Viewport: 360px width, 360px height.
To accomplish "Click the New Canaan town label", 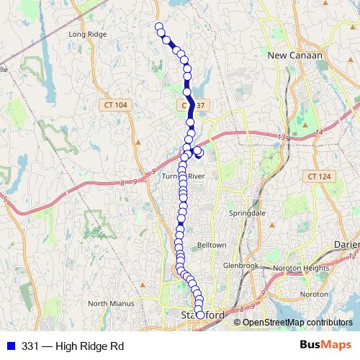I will [x=294, y=55].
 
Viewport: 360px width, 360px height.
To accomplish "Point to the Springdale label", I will [x=246, y=214].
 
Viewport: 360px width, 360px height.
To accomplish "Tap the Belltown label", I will [x=212, y=245].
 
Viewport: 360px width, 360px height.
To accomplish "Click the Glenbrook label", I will [x=240, y=265].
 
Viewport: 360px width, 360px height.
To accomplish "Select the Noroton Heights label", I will [x=307, y=267].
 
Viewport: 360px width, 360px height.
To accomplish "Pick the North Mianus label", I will [x=111, y=303].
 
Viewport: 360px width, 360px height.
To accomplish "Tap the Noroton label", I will [x=314, y=294].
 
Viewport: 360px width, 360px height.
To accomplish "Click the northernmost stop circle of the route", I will [x=160, y=27].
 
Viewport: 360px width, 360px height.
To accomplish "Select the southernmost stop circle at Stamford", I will [x=200, y=314].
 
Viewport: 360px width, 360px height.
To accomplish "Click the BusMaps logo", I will [x=325, y=346].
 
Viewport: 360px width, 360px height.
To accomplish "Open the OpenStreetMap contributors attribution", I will [x=297, y=322].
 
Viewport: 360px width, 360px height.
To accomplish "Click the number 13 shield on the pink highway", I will [x=280, y=137].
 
